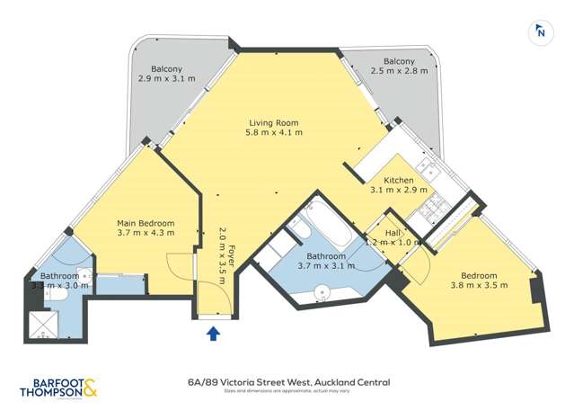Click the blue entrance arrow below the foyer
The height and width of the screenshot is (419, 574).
pos(213,334)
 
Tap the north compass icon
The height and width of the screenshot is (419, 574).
pos(541,32)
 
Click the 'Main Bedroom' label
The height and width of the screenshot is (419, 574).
pos(146,223)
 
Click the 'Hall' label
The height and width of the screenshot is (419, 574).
pos(392,231)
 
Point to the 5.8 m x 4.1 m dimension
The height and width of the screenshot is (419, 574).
pos(273,133)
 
